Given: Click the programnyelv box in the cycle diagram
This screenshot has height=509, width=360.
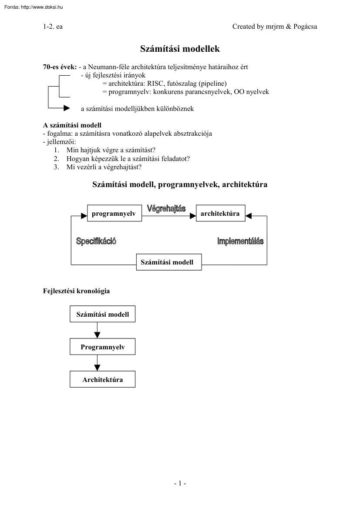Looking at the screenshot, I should tap(114, 214).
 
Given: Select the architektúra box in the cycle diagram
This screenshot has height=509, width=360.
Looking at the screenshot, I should tap(220, 214).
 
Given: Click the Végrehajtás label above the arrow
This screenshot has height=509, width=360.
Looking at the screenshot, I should tap(166, 208).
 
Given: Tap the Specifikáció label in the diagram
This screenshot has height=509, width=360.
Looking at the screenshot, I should tap(96, 241).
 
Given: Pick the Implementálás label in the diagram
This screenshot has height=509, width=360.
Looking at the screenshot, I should tap(240, 241).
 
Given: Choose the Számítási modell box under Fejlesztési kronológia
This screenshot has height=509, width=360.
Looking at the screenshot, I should tap(103, 314).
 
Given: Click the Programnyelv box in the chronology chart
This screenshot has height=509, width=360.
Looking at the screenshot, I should tap(103, 347).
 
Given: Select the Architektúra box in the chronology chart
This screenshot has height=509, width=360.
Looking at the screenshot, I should tap(103, 379).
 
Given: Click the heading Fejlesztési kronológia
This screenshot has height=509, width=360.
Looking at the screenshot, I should tap(76, 291).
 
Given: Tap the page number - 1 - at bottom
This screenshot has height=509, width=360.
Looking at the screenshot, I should tap(180, 483).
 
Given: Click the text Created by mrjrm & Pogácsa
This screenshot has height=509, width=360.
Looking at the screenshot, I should tap(275, 27).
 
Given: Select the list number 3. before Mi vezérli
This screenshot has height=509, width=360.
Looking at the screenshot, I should tap(56, 167).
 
